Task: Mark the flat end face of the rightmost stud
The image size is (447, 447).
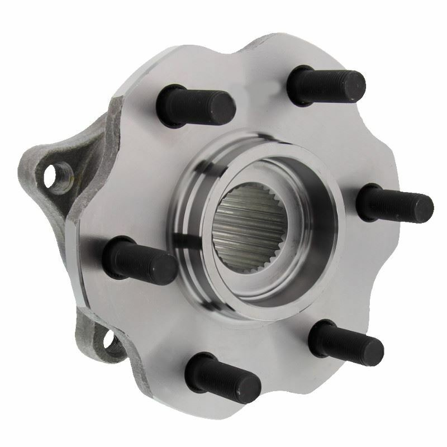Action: pyautogui.click(x=422, y=207)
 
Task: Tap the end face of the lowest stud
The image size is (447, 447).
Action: pyautogui.click(x=248, y=386)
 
